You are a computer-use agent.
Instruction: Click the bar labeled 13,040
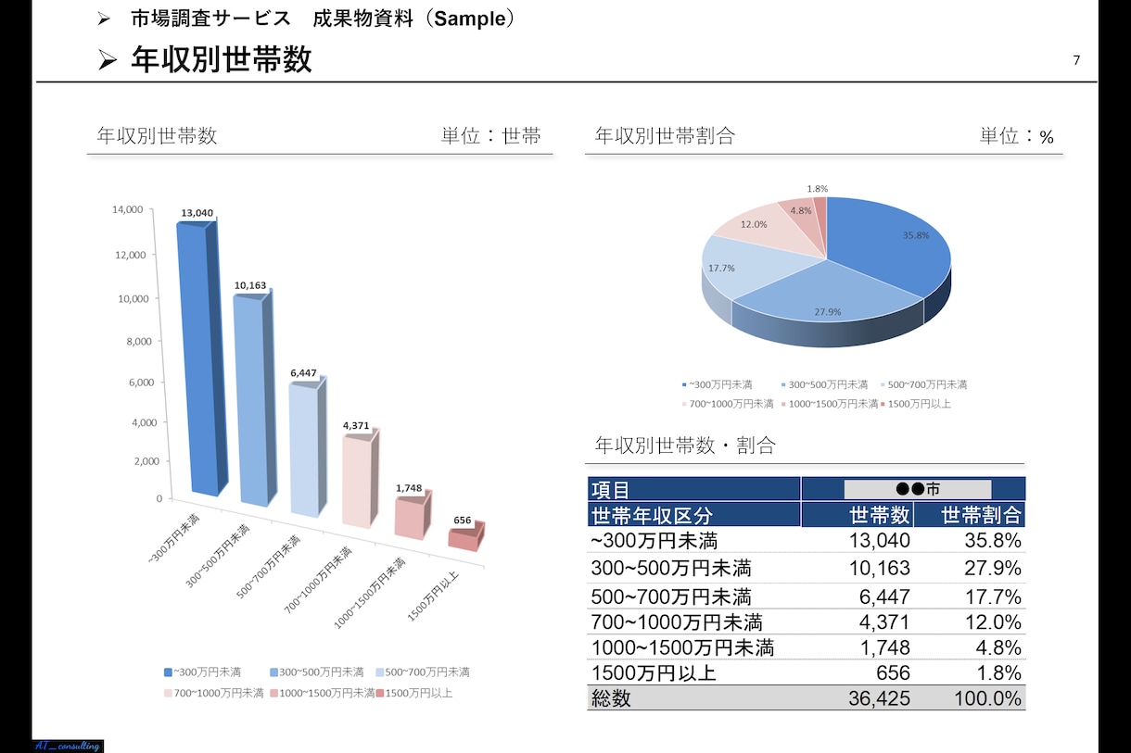pos(201,358)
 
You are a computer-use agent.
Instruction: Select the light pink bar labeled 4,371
pos(361,482)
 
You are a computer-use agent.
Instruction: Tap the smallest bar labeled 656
pos(466,536)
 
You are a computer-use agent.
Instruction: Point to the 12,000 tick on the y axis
pos(131,255)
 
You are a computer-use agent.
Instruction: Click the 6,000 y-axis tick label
pos(141,383)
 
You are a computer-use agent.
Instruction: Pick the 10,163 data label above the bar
pos(250,285)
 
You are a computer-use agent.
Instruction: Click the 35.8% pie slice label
pos(916,235)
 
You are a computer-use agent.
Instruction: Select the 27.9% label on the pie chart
pos(828,312)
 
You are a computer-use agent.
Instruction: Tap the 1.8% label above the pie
pos(817,189)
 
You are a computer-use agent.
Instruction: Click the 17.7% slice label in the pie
pos(721,269)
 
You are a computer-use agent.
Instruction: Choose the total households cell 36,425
pos(879,698)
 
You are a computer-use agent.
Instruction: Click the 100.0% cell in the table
pos(987,698)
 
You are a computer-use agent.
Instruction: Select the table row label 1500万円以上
pos(654,673)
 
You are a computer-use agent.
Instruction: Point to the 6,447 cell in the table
pos(884,596)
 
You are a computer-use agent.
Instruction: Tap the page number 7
pos(1076,60)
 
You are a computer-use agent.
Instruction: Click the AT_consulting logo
pos(68,746)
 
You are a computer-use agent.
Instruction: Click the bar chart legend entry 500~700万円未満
pos(423,672)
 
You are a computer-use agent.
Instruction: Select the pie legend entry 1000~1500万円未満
pos(829,404)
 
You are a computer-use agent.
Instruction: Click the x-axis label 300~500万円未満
pos(218,556)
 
